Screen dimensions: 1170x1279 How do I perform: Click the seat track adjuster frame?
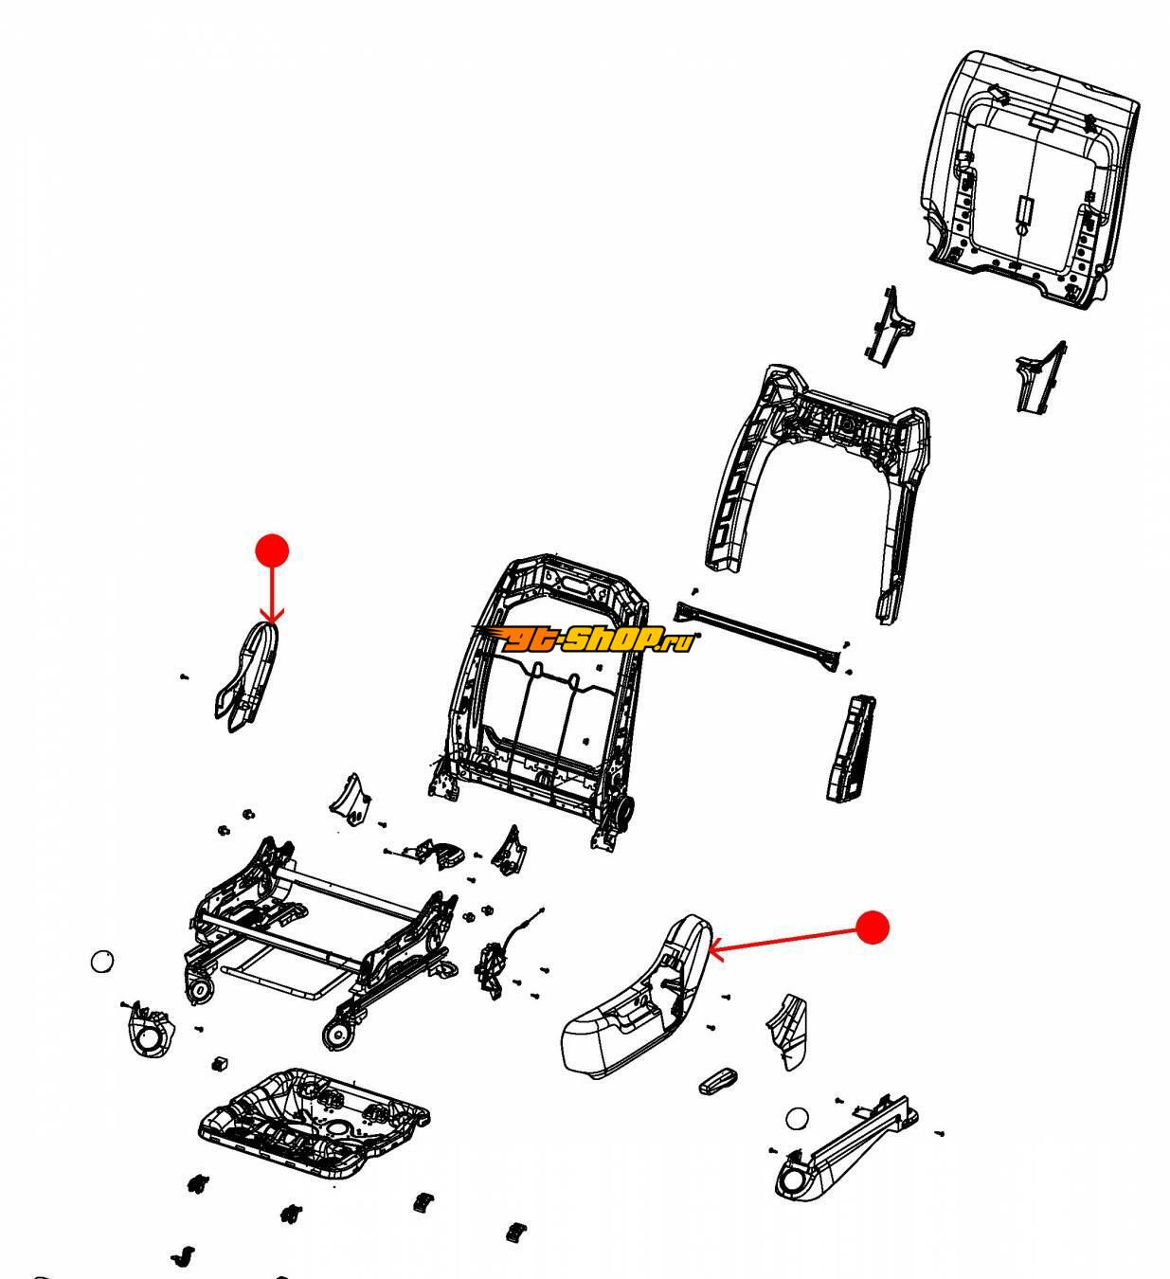click(x=319, y=937)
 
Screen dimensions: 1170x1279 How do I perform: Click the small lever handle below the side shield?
click(x=717, y=1081)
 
